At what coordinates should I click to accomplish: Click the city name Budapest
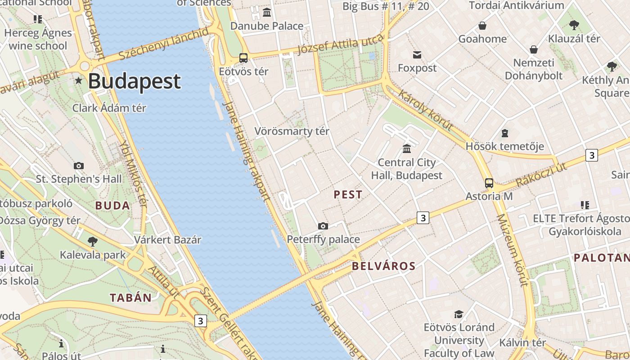[134, 81]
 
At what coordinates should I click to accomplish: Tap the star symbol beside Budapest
[79, 81]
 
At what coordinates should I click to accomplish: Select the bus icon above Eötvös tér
[243, 58]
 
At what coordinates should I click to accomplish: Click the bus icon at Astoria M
[489, 183]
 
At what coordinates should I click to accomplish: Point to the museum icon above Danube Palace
[267, 12]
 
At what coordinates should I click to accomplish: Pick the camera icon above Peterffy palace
[323, 226]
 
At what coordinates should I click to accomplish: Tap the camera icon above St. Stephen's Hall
[79, 166]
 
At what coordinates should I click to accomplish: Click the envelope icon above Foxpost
[417, 55]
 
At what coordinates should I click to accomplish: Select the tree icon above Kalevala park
[93, 242]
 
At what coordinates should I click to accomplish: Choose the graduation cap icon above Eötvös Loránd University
[459, 314]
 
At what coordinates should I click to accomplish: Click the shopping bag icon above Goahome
[482, 26]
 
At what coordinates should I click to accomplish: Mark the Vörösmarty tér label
[292, 131]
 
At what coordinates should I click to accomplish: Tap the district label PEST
[348, 195]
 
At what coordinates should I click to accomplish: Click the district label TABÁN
[131, 297]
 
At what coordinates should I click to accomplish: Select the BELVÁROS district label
[383, 266]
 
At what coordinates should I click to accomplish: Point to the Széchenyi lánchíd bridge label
[164, 44]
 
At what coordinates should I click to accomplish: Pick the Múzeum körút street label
[512, 250]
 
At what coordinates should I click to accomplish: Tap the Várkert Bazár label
[167, 239]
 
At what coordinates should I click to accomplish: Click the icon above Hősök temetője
[505, 133]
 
